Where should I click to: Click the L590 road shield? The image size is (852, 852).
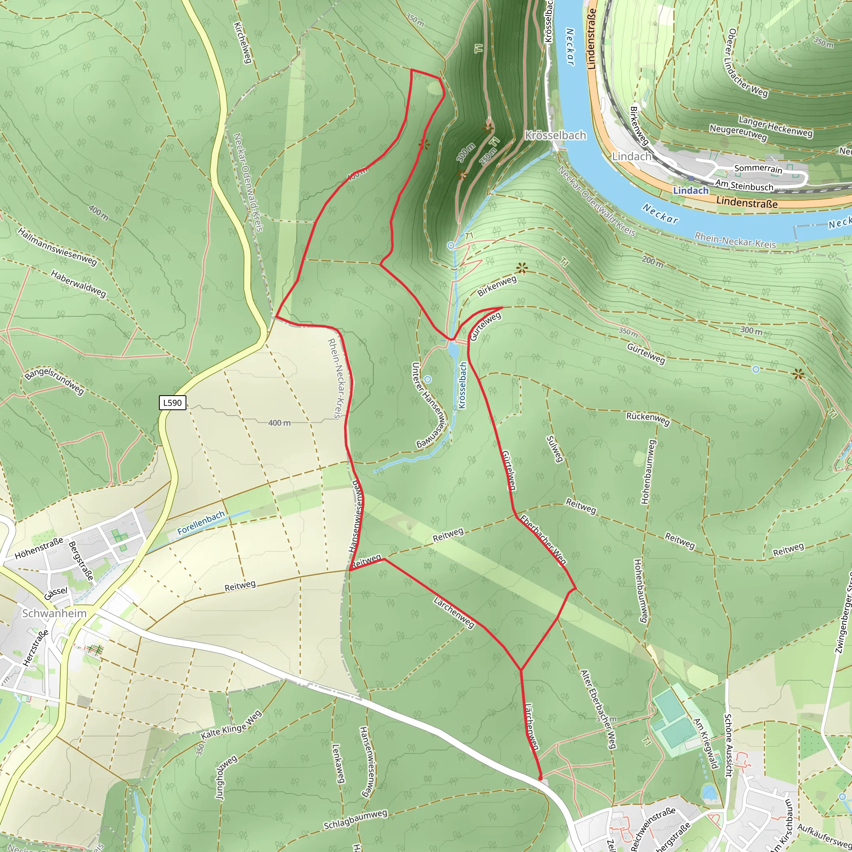(172, 403)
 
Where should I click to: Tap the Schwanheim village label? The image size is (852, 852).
(54, 614)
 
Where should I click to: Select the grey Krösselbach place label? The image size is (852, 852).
(555, 135)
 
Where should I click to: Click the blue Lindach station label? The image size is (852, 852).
(691, 191)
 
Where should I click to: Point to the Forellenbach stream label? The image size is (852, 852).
(201, 523)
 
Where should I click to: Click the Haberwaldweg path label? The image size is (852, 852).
(79, 284)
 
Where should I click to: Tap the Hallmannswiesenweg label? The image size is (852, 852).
(57, 247)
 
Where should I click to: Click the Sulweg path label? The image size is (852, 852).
(554, 449)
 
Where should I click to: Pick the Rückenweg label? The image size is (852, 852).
(648, 419)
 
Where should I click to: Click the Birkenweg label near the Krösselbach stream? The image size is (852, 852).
(497, 286)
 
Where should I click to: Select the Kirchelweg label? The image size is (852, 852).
(242, 43)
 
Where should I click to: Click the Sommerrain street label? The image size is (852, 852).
(758, 169)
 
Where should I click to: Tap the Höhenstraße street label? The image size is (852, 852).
(39, 549)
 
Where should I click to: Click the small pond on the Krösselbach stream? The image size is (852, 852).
(453, 350)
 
